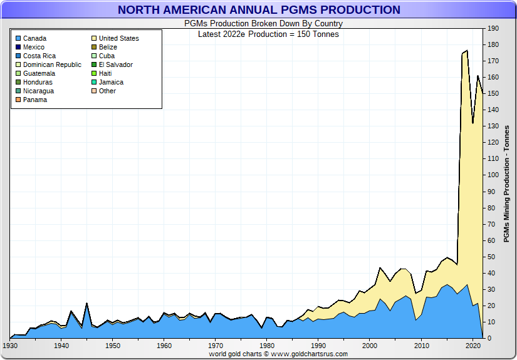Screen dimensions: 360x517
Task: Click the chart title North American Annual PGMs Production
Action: (258, 10)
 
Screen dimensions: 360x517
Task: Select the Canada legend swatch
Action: (18, 38)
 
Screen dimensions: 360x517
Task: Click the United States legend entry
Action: (118, 38)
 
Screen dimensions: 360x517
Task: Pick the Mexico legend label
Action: (34, 47)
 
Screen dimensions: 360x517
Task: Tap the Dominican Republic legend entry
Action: (52, 64)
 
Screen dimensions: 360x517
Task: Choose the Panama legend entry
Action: (35, 100)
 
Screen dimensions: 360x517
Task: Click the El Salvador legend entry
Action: (115, 64)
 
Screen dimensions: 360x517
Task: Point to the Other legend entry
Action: (107, 91)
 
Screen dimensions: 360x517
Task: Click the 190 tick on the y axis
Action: (493, 29)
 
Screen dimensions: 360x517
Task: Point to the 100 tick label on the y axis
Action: (493, 175)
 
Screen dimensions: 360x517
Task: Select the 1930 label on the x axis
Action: (10, 346)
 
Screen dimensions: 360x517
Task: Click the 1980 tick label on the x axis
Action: (267, 346)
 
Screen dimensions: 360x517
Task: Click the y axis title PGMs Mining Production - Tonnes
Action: (506, 183)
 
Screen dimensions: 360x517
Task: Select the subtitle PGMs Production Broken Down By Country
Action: (263, 24)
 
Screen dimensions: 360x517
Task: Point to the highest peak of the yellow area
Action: (467, 51)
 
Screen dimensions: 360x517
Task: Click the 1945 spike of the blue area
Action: (86, 304)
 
